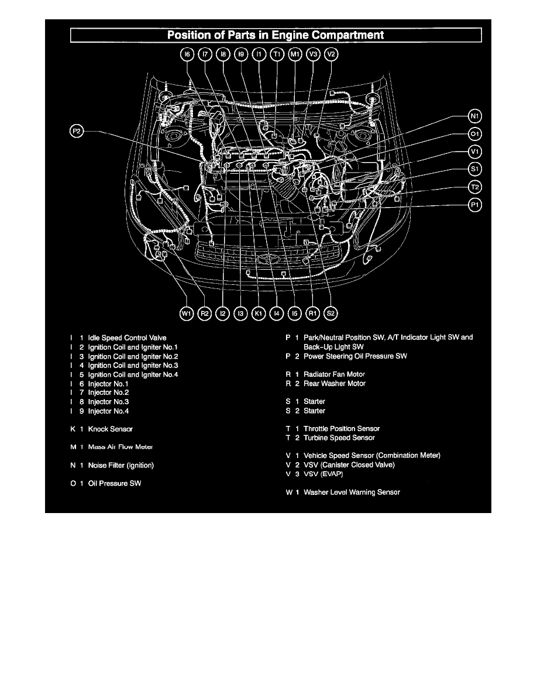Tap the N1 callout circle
(475, 115)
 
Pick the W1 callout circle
(187, 314)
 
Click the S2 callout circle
(331, 314)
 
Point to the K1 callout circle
(259, 314)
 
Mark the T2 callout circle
(475, 187)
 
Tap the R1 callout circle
(313, 314)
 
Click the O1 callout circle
(475, 133)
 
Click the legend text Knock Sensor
(110, 429)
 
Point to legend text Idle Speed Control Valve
(127, 338)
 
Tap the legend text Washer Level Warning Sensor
(352, 493)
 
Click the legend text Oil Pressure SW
(114, 483)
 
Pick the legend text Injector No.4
(108, 411)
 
